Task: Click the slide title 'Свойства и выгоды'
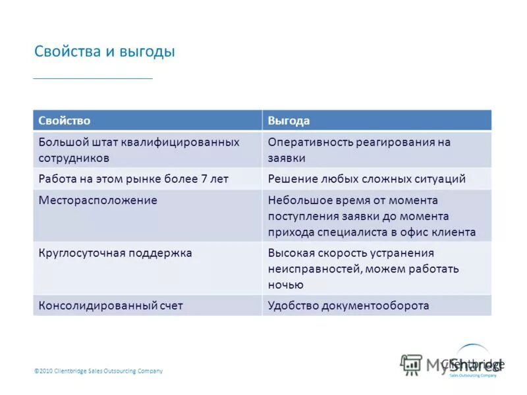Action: [104, 51]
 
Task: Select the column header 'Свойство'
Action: [64, 120]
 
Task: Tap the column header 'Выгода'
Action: [289, 120]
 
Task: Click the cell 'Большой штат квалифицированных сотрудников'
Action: [138, 150]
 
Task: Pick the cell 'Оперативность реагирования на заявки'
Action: [359, 150]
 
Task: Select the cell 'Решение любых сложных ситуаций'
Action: [366, 179]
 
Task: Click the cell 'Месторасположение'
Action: [97, 200]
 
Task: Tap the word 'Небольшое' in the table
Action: [296, 200]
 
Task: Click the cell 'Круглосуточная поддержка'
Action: [115, 253]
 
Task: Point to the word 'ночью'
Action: [285, 285]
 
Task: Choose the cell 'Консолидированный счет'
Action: [110, 305]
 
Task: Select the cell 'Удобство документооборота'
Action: [348, 305]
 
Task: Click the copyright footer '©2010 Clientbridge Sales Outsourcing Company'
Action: [98, 371]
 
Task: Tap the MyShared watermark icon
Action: [412, 364]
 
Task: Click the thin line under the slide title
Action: [93, 79]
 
